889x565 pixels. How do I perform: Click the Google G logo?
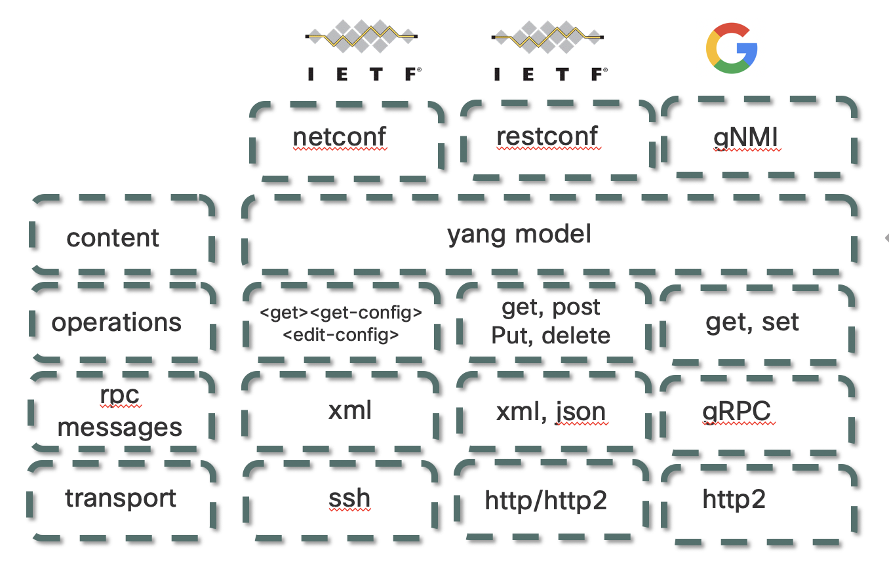[731, 48]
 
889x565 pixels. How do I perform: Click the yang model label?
[519, 234]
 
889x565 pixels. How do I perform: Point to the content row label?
[113, 237]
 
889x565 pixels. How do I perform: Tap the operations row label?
[117, 322]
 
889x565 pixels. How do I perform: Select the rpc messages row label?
[119, 412]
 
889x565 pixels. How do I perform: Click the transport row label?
[121, 498]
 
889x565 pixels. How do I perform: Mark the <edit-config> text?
[341, 336]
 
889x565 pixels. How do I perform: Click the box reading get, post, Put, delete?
[551, 321]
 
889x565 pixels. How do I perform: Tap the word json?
[580, 412]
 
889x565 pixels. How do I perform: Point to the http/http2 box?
[546, 500]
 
